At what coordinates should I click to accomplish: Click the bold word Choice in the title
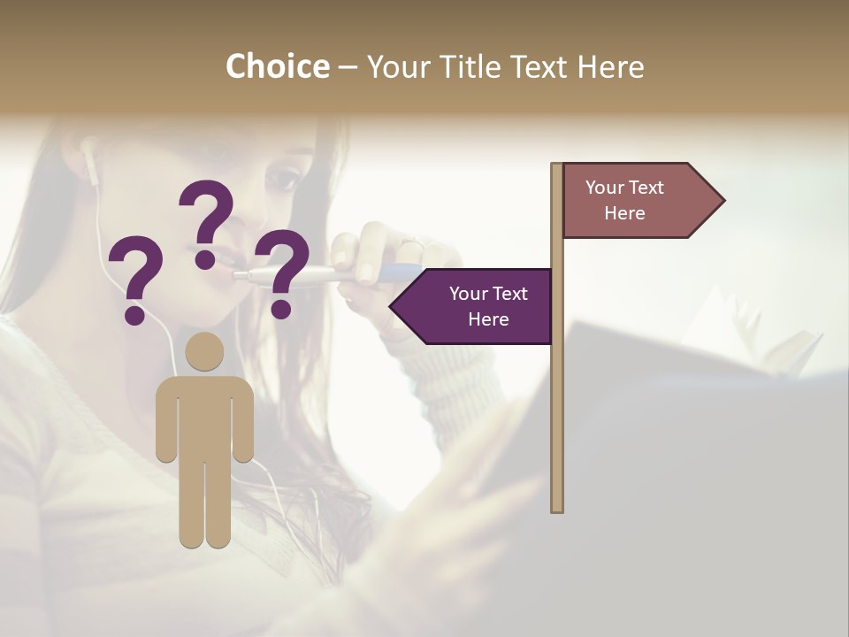tap(277, 66)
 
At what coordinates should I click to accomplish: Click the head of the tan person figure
tap(204, 352)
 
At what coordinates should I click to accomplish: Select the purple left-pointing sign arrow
tap(474, 306)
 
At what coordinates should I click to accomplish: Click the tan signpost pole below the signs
tap(557, 425)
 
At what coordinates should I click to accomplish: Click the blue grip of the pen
tap(398, 272)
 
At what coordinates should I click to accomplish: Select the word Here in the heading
tap(610, 66)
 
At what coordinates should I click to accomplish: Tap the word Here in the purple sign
tap(488, 319)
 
